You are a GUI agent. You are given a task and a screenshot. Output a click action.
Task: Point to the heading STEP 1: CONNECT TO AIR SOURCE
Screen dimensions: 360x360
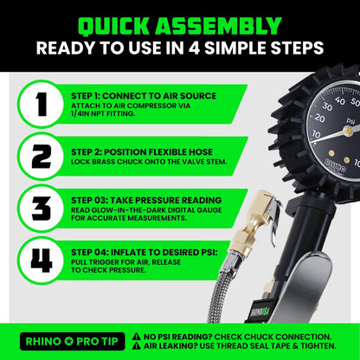pos(145,94)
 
